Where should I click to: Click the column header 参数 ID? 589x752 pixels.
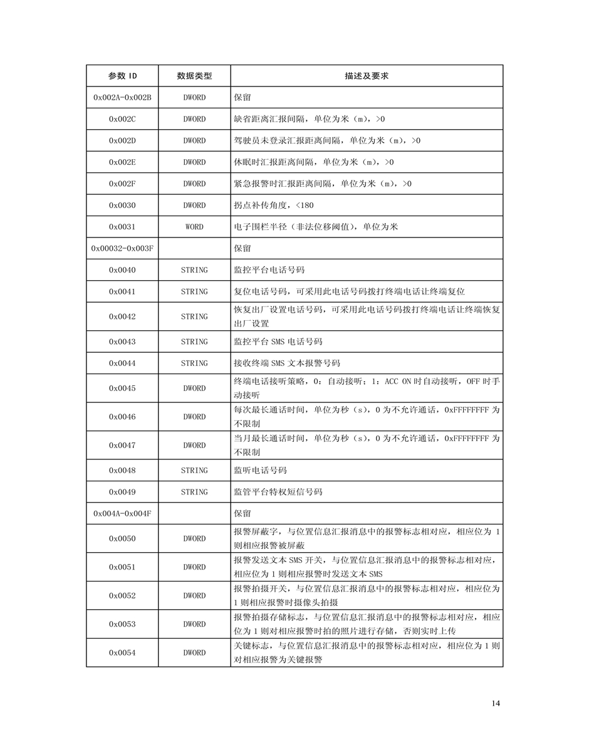pyautogui.click(x=122, y=76)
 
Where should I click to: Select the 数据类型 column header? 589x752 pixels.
pyautogui.click(x=194, y=76)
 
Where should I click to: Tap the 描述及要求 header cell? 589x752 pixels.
pyautogui.click(x=367, y=76)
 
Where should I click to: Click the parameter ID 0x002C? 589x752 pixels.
pyautogui.click(x=122, y=119)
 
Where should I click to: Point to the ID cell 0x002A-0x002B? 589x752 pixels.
pyautogui.click(x=122, y=98)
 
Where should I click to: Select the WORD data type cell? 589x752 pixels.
pyautogui.click(x=194, y=227)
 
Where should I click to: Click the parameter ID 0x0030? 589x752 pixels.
pyautogui.click(x=122, y=206)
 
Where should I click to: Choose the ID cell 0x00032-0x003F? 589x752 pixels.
pyautogui.click(x=122, y=248)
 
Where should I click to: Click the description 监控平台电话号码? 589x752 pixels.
pyautogui.click(x=269, y=270)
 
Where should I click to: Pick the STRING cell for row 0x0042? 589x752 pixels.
pyautogui.click(x=194, y=316)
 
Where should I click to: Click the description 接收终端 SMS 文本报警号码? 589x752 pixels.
pyautogui.click(x=286, y=363)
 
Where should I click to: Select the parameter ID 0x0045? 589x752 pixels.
pyautogui.click(x=122, y=389)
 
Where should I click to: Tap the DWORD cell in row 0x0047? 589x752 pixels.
pyautogui.click(x=194, y=446)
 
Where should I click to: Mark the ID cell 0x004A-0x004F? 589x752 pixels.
pyautogui.click(x=122, y=514)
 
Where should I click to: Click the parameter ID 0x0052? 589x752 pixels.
pyautogui.click(x=122, y=596)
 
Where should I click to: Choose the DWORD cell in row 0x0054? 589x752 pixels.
pyautogui.click(x=194, y=653)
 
